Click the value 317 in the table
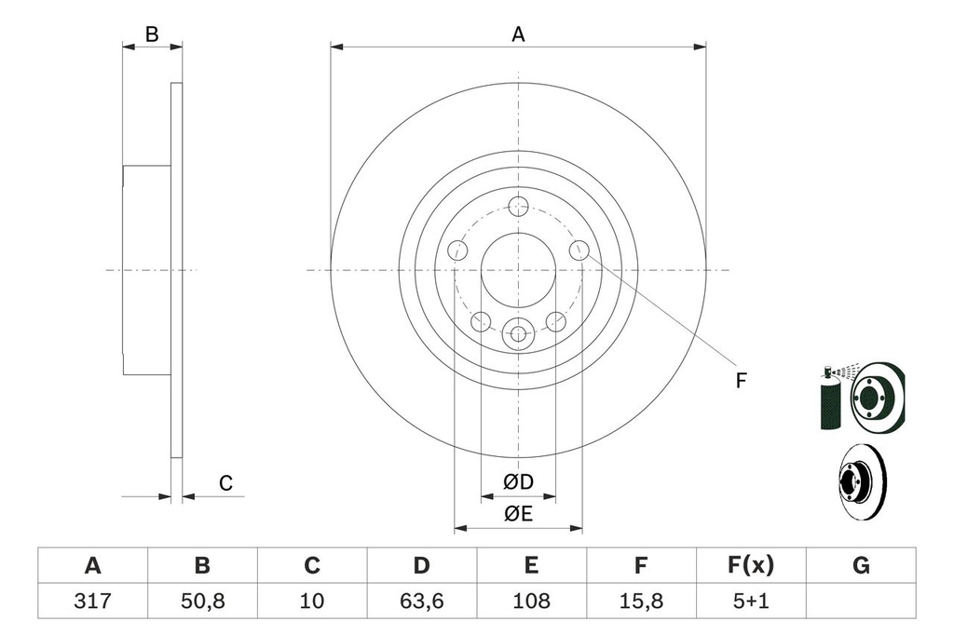pyautogui.click(x=92, y=601)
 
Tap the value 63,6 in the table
pyautogui.click(x=422, y=601)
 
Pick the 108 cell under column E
pyautogui.click(x=531, y=601)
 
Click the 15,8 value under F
pyautogui.click(x=640, y=601)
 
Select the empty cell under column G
pyautogui.click(x=861, y=601)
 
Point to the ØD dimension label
pyautogui.click(x=518, y=481)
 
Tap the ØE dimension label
pyautogui.click(x=518, y=514)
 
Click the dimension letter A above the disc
pyautogui.click(x=518, y=34)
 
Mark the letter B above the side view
pyautogui.click(x=152, y=34)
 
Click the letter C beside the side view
pyautogui.click(x=225, y=483)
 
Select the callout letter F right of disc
pyautogui.click(x=741, y=380)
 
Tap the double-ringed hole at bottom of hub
pyautogui.click(x=518, y=332)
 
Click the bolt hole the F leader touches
pyautogui.click(x=579, y=250)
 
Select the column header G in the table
pyautogui.click(x=861, y=564)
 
